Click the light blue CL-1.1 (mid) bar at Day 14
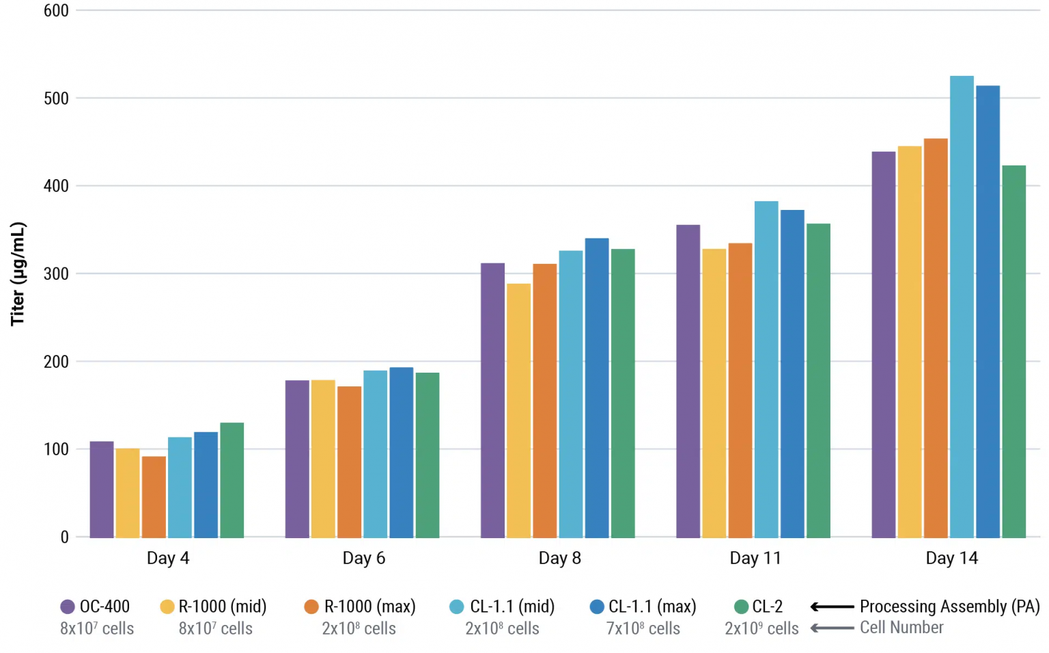[x=962, y=308]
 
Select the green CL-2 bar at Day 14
[x=1013, y=351]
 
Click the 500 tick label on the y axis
[x=56, y=98]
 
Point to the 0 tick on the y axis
[x=64, y=537]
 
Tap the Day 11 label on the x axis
[x=755, y=559]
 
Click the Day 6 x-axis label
[x=363, y=559]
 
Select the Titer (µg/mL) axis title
[x=18, y=274]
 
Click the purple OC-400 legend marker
[x=68, y=607]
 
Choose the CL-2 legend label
[x=767, y=607]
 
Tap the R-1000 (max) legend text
[x=369, y=607]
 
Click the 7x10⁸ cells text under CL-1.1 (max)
[x=643, y=629]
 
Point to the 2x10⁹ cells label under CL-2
[x=761, y=629]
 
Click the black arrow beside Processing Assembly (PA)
[x=832, y=607]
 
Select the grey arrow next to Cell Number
[x=832, y=628]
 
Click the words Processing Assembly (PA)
[x=949, y=607]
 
